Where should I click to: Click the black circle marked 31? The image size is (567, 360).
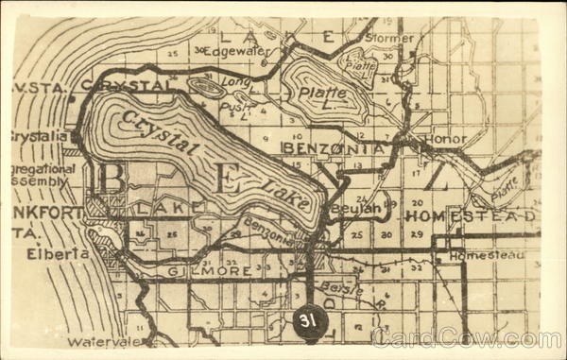(x=307, y=321)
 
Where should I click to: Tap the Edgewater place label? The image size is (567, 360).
(x=237, y=51)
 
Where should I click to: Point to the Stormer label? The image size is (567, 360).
(x=389, y=39)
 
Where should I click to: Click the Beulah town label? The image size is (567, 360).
(x=357, y=208)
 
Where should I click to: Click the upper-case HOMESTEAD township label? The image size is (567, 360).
(x=471, y=216)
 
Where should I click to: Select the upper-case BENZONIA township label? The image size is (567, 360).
(x=333, y=148)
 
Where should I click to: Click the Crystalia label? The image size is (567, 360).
(x=38, y=136)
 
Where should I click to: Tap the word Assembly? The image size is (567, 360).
(x=39, y=180)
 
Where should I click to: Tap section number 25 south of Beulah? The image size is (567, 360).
(x=356, y=233)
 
